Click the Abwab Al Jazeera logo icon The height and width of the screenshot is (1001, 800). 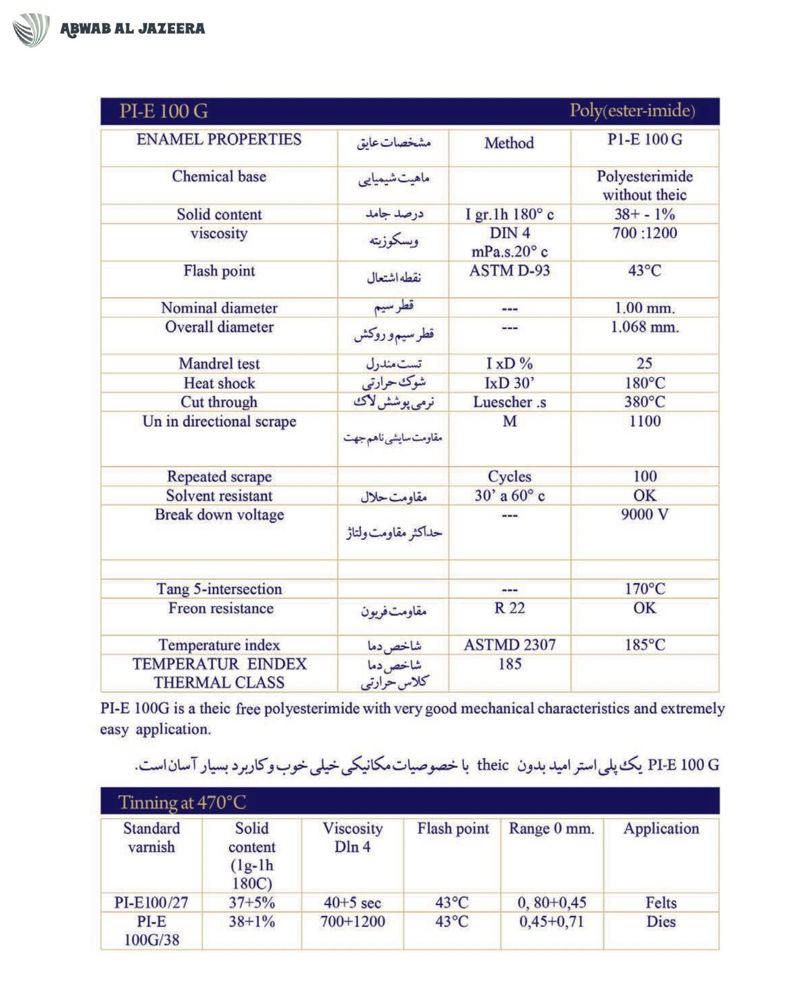pyautogui.click(x=31, y=30)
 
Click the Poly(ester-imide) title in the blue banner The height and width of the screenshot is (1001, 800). pyautogui.click(x=632, y=111)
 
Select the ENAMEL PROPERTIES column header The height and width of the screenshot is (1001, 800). pyautogui.click(x=219, y=140)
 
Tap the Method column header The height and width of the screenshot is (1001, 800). pyautogui.click(x=509, y=143)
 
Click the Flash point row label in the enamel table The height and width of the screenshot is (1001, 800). pyautogui.click(x=219, y=271)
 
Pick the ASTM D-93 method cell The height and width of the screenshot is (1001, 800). pyautogui.click(x=509, y=270)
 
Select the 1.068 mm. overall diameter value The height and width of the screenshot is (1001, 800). pyautogui.click(x=644, y=327)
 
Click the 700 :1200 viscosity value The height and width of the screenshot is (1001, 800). pyautogui.click(x=645, y=233)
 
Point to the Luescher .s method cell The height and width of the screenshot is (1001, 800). pyautogui.click(x=509, y=402)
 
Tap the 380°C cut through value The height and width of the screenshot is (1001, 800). pyautogui.click(x=645, y=402)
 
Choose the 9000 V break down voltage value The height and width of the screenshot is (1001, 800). pyautogui.click(x=645, y=514)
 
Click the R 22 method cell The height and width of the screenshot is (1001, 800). pyautogui.click(x=509, y=608)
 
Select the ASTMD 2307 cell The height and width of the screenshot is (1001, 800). pyautogui.click(x=509, y=645)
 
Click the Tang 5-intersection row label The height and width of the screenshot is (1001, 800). pyautogui.click(x=219, y=589)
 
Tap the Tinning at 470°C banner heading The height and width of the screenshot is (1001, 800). pyautogui.click(x=182, y=803)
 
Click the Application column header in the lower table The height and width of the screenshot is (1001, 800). pyautogui.click(x=661, y=828)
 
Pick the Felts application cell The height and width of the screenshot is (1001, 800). pyautogui.click(x=661, y=903)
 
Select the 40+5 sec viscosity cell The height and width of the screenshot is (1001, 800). pyautogui.click(x=352, y=903)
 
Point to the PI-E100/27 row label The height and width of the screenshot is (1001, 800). pyautogui.click(x=151, y=903)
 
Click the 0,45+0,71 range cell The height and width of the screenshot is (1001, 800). pyautogui.click(x=551, y=922)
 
